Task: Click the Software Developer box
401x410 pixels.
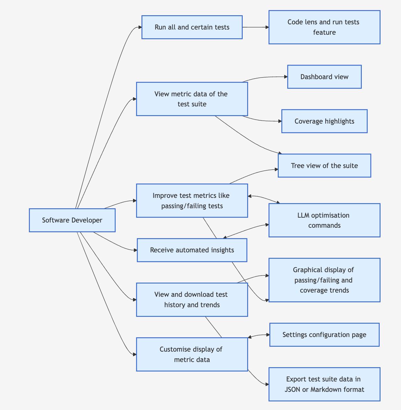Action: (72, 220)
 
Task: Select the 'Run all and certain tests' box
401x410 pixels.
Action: (192, 27)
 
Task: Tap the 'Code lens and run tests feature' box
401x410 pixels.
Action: (324, 27)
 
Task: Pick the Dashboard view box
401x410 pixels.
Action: (324, 77)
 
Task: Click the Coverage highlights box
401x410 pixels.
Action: (324, 121)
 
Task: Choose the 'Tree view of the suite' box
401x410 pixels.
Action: (324, 166)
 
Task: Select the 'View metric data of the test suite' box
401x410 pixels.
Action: (192, 99)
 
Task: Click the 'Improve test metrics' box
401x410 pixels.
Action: (192, 201)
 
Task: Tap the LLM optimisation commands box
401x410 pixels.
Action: (324, 220)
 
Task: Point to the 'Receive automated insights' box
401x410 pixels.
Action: (192, 250)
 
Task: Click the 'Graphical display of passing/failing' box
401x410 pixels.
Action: (324, 280)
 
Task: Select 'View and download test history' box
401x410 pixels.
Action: (192, 300)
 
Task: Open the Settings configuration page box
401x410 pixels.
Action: (324, 335)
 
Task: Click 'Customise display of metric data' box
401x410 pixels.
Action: (192, 354)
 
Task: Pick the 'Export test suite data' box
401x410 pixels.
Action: (324, 384)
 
